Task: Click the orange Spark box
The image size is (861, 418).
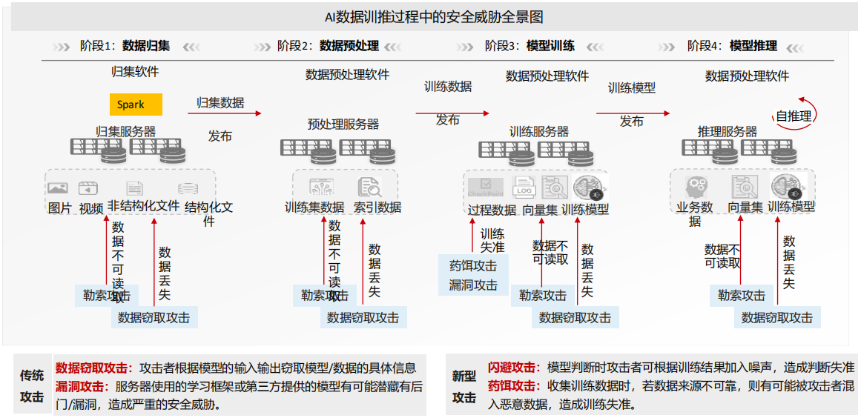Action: (x=135, y=104)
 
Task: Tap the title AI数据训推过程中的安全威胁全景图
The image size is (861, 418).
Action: (x=429, y=17)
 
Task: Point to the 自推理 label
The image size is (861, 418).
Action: (x=794, y=116)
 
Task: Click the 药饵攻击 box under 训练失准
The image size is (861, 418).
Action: (x=473, y=265)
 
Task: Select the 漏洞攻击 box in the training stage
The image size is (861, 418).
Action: (x=473, y=285)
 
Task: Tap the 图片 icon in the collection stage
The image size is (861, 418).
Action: (x=58, y=188)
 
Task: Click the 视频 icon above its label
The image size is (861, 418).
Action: (x=89, y=188)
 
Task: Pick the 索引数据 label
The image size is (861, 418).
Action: (x=377, y=208)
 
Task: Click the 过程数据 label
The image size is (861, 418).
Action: (x=492, y=210)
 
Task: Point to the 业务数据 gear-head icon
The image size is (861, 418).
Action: (x=696, y=186)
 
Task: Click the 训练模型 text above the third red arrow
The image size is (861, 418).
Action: (x=632, y=88)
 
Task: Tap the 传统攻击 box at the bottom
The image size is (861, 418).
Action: (x=32, y=385)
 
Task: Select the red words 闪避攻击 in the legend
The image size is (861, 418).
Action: (x=512, y=368)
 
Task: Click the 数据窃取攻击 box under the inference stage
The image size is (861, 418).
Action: (x=776, y=317)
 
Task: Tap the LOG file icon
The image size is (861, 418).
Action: (x=524, y=188)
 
